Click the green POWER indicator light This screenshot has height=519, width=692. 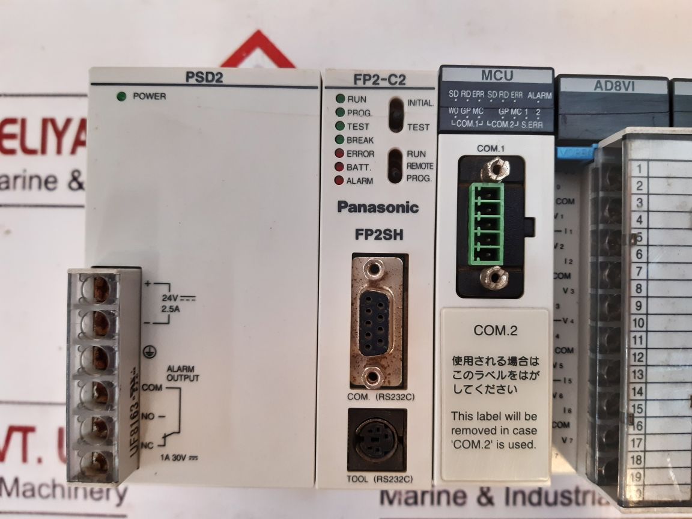[x=121, y=96]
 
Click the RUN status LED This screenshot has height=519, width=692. [x=340, y=99]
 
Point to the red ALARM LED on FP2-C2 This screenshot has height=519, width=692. [x=340, y=180]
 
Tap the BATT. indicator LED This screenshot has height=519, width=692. [x=340, y=167]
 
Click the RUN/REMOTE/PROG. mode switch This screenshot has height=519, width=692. [x=395, y=165]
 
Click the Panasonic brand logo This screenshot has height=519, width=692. [x=378, y=207]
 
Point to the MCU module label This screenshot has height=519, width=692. [x=497, y=76]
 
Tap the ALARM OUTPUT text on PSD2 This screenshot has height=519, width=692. [x=183, y=374]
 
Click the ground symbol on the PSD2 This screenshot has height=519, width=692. [x=145, y=354]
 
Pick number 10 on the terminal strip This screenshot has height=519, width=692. [x=639, y=323]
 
